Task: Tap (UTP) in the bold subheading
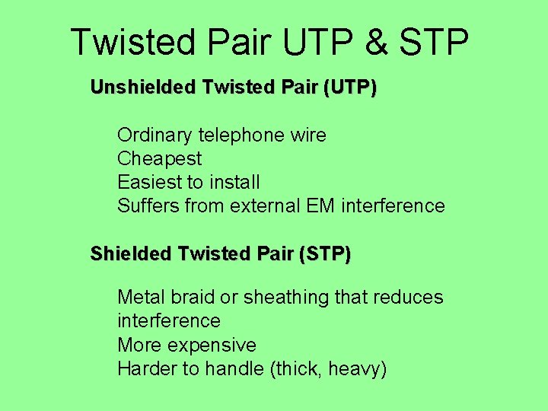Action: [349, 88]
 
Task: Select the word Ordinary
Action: [155, 135]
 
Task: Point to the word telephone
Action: [242, 135]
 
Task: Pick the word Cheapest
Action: [159, 159]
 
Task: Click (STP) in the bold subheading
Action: [325, 253]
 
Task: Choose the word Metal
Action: [141, 297]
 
